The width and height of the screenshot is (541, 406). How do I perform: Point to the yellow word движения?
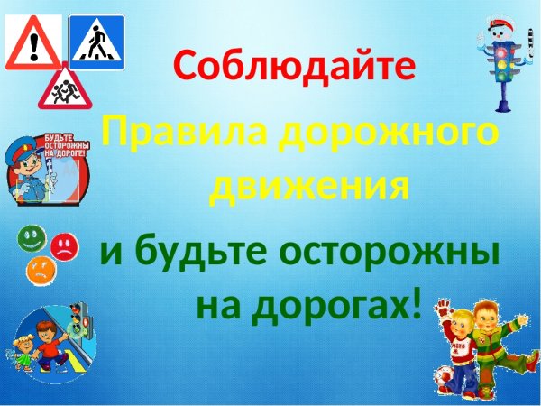click(306, 188)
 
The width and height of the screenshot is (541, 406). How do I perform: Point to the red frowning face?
click(63, 245)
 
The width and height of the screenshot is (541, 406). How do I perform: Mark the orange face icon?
click(40, 269)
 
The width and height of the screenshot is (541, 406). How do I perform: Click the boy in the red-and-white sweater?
click(461, 347)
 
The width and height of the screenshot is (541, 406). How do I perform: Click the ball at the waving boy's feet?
click(443, 379)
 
